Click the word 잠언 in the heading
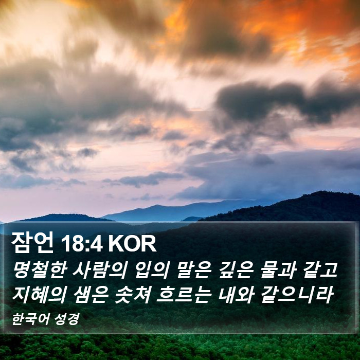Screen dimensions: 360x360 (32, 243)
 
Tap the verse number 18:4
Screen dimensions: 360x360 (81, 244)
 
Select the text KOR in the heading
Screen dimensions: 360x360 (132, 244)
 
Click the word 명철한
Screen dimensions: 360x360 (40, 271)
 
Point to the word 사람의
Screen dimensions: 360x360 (100, 271)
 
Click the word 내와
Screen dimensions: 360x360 (236, 295)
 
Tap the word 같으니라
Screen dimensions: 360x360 (297, 295)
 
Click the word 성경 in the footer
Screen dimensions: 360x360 (67, 319)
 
